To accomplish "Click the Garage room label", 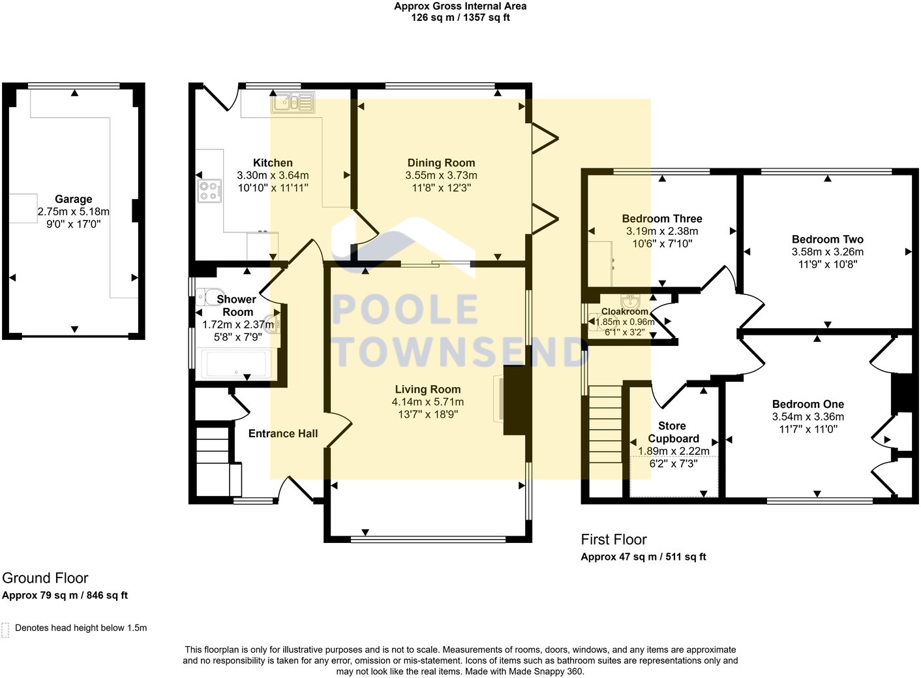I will [x=73, y=199].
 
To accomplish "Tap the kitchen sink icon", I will [x=294, y=102].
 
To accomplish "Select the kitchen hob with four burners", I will [x=209, y=191].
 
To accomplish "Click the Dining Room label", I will [x=441, y=163].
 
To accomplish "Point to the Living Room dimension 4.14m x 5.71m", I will [x=428, y=402].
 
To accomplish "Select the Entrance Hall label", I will [x=283, y=433].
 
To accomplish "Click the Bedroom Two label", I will [x=827, y=239].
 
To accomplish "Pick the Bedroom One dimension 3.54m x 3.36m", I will [x=808, y=417].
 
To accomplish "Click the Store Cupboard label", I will [x=673, y=432].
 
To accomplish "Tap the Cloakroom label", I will [x=624, y=312].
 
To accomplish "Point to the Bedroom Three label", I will [x=661, y=219].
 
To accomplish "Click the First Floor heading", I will [x=614, y=540].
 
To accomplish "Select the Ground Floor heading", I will [x=45, y=578].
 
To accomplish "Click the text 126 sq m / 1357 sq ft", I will [x=460, y=18].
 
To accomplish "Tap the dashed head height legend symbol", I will [x=5, y=629].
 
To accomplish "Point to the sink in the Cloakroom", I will [x=631, y=301].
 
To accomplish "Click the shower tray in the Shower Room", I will [x=235, y=364].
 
